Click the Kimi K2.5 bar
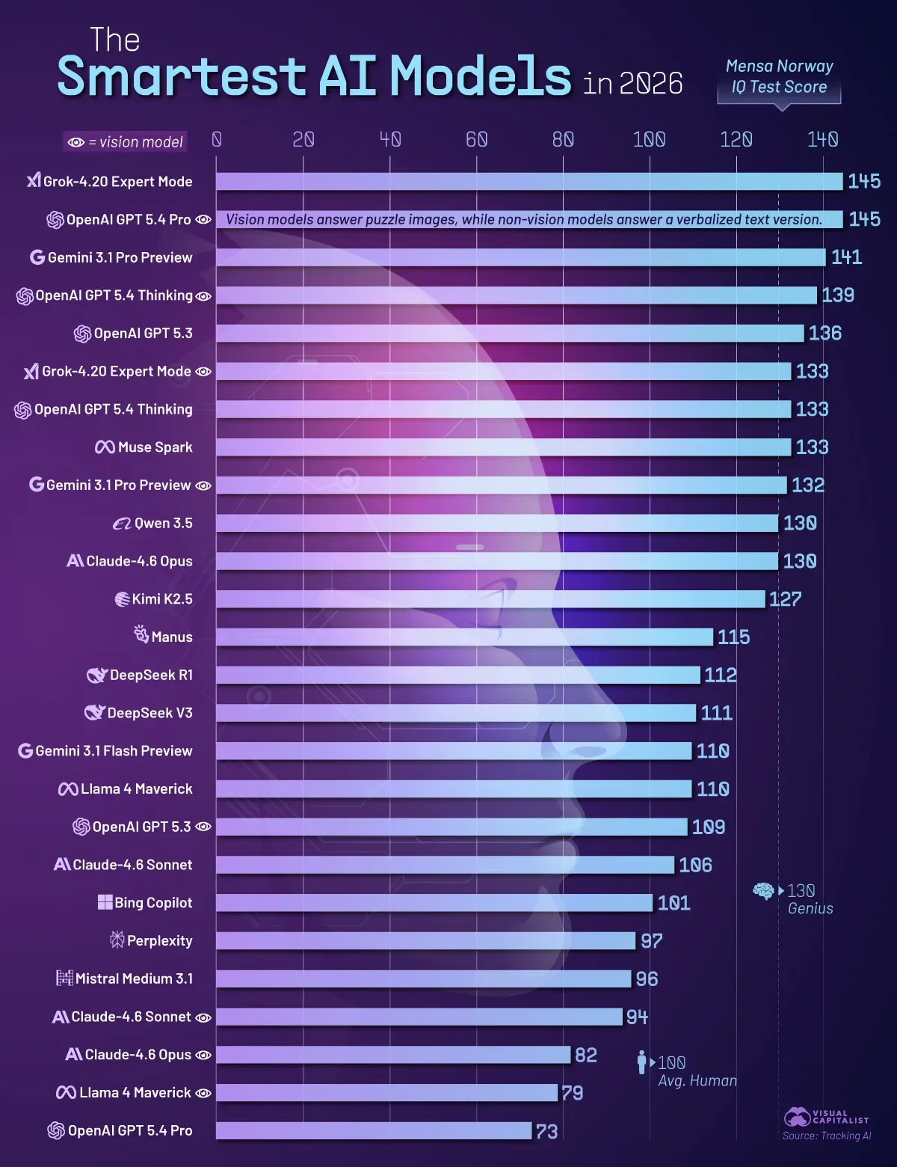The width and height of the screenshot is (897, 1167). click(490, 599)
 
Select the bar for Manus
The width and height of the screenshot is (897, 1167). click(464, 637)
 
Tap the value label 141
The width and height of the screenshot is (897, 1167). click(846, 257)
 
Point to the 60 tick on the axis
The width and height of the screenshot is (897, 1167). click(476, 140)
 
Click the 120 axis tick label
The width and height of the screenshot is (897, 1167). click(736, 140)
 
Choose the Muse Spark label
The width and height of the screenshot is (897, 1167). click(155, 447)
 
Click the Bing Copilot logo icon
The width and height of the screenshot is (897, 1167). click(105, 902)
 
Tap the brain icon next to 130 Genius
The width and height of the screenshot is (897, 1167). click(762, 891)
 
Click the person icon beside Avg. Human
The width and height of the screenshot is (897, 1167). click(641, 1062)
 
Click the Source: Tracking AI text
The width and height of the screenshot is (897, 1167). click(826, 1136)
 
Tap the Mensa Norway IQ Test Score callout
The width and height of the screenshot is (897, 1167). click(779, 77)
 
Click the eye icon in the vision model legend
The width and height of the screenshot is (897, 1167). click(75, 142)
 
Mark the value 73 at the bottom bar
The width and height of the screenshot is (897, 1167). click(546, 1132)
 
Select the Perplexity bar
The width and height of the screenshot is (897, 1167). click(425, 941)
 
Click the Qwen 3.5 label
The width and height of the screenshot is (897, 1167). click(163, 523)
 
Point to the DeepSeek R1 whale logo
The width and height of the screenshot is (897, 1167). click(96, 676)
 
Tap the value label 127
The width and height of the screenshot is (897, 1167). click(784, 599)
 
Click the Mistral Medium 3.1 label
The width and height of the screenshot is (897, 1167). click(134, 978)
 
